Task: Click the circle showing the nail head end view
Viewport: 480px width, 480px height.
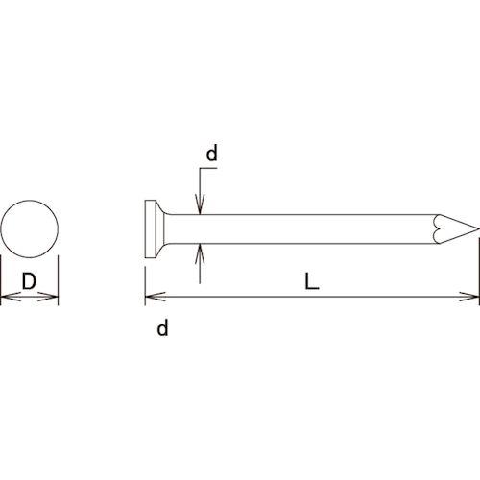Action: [x=30, y=230]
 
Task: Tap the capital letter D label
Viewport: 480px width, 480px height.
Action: [x=30, y=282]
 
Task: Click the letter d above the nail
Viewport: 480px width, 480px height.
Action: [x=212, y=154]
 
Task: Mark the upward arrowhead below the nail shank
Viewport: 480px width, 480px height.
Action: [x=199, y=252]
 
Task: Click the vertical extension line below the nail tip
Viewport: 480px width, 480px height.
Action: [x=478, y=274]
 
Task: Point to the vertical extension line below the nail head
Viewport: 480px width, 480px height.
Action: [x=144, y=283]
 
